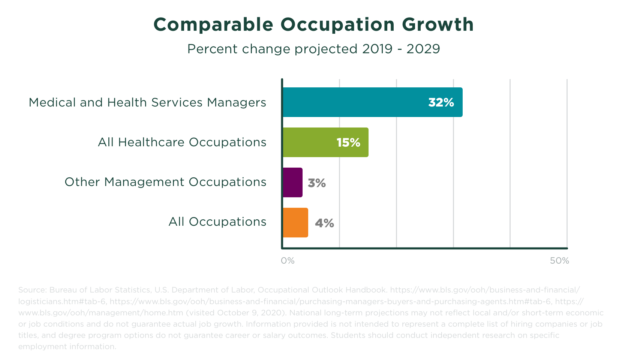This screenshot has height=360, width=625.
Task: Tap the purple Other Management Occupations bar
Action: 292,183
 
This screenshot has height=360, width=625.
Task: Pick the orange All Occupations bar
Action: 295,223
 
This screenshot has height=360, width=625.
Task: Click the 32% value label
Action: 441,102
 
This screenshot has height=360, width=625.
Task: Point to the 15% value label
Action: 348,142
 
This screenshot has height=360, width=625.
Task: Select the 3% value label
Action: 316,183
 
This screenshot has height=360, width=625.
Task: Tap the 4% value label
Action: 324,223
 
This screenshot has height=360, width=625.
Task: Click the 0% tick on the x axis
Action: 288,261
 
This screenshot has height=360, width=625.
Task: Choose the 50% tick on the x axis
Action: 559,261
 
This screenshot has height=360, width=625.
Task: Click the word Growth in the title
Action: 438,25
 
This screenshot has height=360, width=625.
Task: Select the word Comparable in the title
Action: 213,25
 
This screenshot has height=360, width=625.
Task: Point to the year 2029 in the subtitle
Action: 423,49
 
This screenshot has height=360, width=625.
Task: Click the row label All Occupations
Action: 217,222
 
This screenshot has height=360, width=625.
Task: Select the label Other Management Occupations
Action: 165,182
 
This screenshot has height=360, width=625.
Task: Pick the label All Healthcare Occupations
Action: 182,142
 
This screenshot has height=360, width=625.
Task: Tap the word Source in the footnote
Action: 31,290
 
